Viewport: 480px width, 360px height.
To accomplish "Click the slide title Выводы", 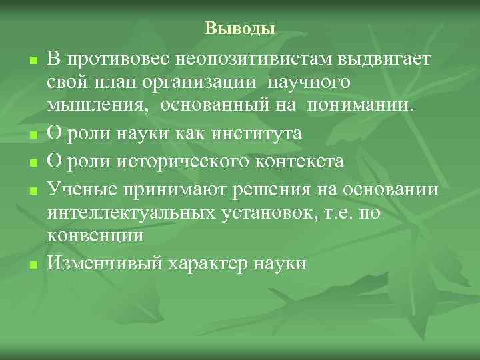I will (240, 28).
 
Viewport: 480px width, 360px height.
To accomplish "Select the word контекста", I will (303, 161).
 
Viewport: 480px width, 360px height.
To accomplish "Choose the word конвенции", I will (96, 236).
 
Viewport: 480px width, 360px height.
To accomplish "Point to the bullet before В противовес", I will (31, 61).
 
